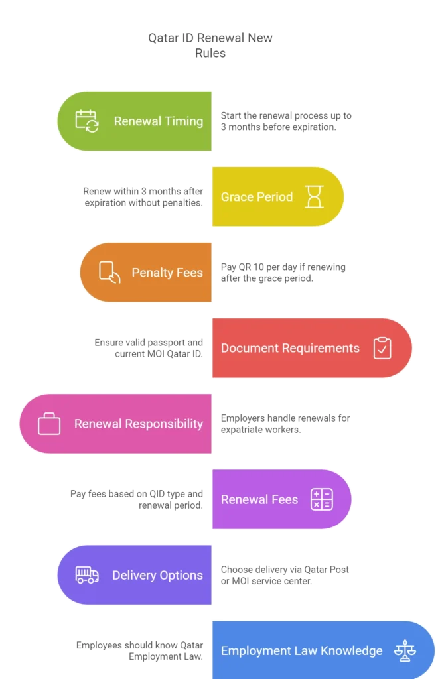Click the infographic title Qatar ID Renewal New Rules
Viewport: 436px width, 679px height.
click(x=210, y=46)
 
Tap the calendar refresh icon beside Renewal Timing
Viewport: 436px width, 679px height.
click(x=87, y=121)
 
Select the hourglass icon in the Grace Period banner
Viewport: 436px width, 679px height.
click(x=314, y=196)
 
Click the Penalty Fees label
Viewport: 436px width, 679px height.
click(x=167, y=273)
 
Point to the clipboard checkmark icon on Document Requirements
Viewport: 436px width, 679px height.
click(x=382, y=347)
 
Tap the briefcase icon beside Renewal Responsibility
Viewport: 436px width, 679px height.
click(x=49, y=424)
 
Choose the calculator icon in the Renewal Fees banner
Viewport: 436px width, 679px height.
click(x=322, y=499)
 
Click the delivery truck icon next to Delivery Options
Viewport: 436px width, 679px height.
click(x=87, y=575)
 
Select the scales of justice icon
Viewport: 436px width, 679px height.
click(x=405, y=650)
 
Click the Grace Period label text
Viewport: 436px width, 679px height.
click(x=257, y=196)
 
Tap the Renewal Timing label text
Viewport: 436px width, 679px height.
click(x=159, y=121)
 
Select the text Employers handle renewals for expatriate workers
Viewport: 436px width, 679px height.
click(x=285, y=424)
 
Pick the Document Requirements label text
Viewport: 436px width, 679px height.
click(x=291, y=348)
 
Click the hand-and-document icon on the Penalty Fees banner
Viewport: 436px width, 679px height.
click(x=109, y=273)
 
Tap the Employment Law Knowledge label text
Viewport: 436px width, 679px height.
click(x=302, y=651)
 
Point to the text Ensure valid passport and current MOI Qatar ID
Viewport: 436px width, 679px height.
click(x=149, y=348)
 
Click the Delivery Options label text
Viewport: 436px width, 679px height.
click(x=158, y=575)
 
